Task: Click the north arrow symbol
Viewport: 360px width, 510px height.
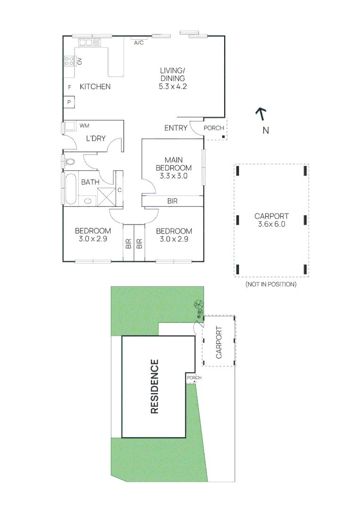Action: pos(260,114)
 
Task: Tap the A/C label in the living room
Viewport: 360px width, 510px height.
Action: pos(139,43)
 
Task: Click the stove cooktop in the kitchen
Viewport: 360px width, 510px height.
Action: pos(69,61)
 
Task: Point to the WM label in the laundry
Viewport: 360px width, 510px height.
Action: pos(84,126)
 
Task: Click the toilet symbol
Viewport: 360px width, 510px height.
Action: pos(69,161)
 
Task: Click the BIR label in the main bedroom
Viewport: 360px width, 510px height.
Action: pos(173,201)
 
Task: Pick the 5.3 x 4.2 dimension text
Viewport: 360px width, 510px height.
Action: pos(172,86)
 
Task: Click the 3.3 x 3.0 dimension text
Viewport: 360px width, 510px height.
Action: pos(173,176)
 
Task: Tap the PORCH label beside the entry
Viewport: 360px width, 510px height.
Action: pos(214,128)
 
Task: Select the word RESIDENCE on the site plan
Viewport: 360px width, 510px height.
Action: pos(154,387)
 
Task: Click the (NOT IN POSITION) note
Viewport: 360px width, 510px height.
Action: pos(271,284)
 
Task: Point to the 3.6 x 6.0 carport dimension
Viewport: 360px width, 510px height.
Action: pos(271,224)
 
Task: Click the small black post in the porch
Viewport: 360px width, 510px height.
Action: pos(223,137)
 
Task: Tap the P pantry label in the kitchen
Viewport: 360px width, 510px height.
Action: pos(69,102)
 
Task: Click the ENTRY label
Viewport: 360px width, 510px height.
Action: pos(176,128)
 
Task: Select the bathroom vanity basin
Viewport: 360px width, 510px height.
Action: pos(88,201)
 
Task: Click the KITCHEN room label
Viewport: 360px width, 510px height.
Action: pos(95,86)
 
